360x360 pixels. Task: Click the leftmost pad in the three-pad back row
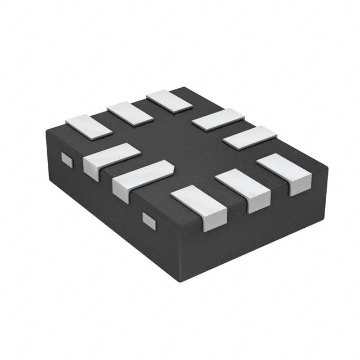click(x=89, y=126)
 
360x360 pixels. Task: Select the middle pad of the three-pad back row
click(x=130, y=113)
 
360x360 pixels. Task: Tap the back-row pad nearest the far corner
click(x=169, y=101)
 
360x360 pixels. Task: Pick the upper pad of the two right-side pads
click(x=218, y=119)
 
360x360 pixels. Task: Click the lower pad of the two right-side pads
click(x=250, y=137)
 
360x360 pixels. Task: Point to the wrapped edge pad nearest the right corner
click(x=285, y=172)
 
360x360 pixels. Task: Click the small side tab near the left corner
click(x=67, y=160)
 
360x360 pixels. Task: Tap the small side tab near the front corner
click(x=149, y=220)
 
